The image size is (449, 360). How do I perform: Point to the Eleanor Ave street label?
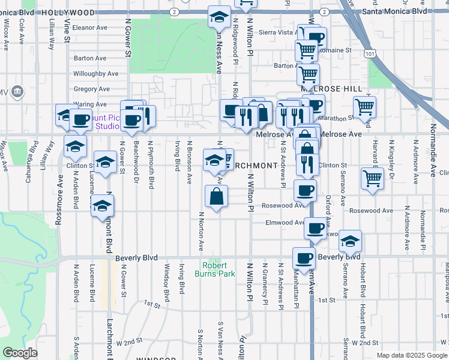coord(89,27)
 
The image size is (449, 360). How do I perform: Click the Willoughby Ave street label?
coord(97,73)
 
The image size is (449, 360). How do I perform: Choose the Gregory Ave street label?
coord(91,89)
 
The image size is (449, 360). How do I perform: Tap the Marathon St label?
coord(342,118)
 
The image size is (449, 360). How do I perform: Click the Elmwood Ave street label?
coord(286,222)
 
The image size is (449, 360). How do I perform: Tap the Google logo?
coord(20,353)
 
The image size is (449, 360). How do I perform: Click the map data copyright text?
coord(411,355)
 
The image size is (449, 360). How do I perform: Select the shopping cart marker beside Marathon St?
coord(364,107)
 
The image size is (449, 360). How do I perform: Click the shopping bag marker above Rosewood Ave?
coord(217,196)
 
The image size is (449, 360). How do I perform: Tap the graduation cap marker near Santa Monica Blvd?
coord(219,16)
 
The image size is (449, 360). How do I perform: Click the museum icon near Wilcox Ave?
coord(17,92)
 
